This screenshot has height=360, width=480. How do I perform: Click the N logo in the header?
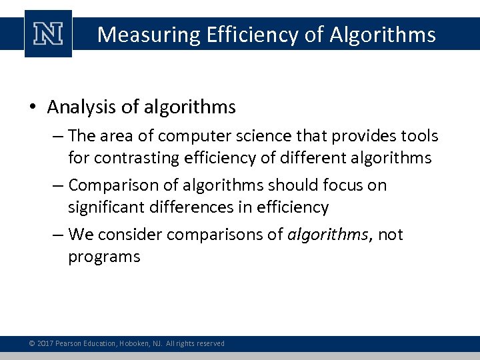point(48,34)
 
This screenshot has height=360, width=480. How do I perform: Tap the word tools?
point(419,136)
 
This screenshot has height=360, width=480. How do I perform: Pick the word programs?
point(104,257)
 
